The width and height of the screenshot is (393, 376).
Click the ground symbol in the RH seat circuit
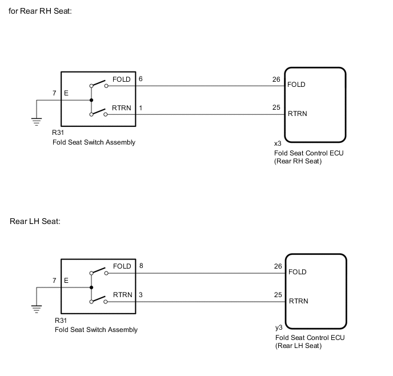(37, 121)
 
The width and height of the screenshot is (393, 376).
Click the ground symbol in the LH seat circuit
(37, 309)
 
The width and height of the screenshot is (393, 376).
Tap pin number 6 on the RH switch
(141, 79)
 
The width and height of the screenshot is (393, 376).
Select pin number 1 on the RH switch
(141, 108)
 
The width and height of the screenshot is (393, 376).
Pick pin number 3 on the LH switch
(141, 295)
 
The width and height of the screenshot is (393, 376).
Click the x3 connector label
(278, 143)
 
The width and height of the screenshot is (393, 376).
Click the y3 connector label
(278, 328)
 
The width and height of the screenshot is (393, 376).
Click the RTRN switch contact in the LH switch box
(98, 298)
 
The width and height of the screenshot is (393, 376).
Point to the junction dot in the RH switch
(91, 100)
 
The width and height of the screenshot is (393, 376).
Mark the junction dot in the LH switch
(91, 287)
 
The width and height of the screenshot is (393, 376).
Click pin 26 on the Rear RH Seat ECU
(276, 79)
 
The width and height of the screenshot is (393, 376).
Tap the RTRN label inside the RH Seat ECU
(298, 114)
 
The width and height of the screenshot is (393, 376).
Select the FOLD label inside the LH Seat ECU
(298, 272)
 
